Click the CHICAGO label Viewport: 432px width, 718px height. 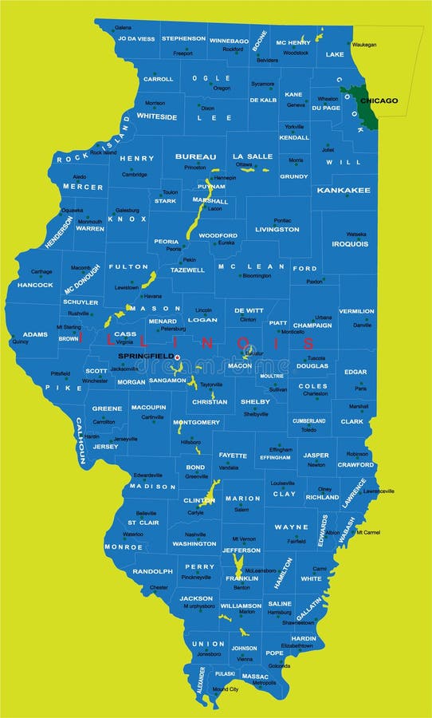(379, 101)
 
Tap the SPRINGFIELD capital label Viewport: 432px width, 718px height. (146, 355)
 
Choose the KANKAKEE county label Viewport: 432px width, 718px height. (344, 191)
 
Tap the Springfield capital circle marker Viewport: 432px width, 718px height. (177, 357)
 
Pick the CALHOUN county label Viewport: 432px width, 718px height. (81, 440)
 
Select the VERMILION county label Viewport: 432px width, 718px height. (356, 311)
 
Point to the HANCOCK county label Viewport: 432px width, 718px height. (35, 285)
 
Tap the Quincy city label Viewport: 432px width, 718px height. (21, 341)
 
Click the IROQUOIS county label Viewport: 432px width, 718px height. (350, 244)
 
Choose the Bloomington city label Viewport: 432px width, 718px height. (257, 275)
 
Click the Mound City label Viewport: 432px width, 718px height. (226, 688)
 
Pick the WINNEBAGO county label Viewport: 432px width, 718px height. (230, 40)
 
